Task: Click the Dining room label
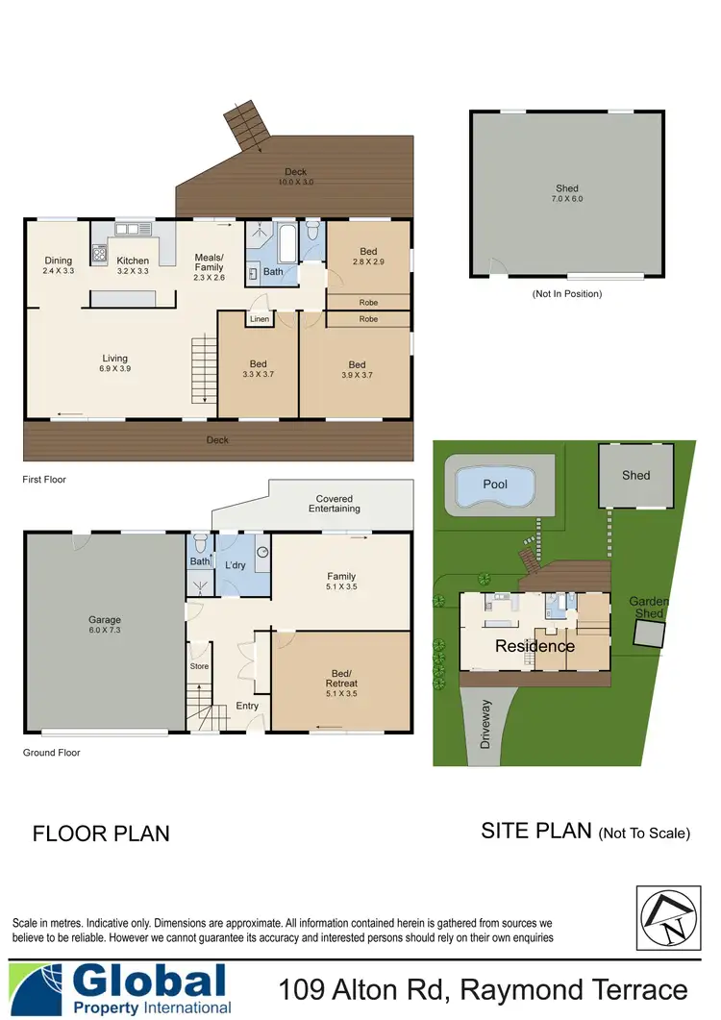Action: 59,265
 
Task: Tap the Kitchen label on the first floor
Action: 133,261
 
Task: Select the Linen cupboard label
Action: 260,319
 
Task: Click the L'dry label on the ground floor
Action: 236,565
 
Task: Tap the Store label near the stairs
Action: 199,665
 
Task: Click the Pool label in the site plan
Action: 495,485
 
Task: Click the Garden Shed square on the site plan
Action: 650,634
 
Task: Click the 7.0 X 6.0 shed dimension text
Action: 568,199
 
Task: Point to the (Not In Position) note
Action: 567,294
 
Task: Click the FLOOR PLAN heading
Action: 101,833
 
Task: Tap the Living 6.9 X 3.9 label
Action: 115,363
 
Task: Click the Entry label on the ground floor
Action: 247,706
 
